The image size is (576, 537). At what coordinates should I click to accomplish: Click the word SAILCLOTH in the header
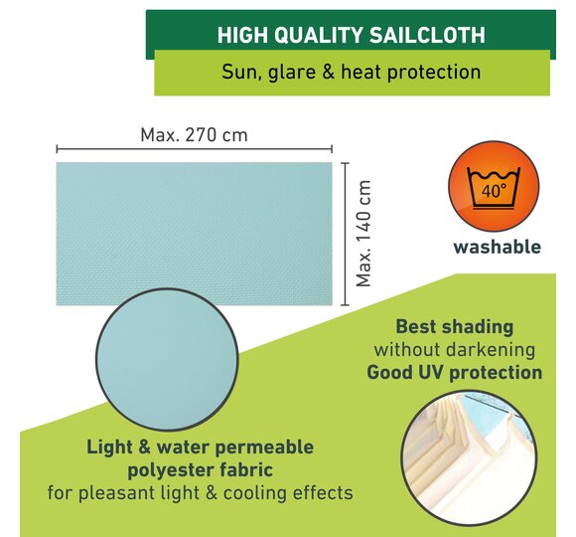pyautogui.click(x=427, y=36)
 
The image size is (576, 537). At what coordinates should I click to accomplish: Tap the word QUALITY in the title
pyautogui.click(x=319, y=36)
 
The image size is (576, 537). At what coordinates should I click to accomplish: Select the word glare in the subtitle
pyautogui.click(x=292, y=73)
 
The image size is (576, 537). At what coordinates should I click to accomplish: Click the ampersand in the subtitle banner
pyautogui.click(x=328, y=72)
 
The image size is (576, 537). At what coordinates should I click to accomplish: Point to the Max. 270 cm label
pyautogui.click(x=194, y=135)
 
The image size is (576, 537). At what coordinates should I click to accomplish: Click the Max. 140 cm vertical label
pyautogui.click(x=363, y=234)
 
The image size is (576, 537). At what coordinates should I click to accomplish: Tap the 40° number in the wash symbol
pyautogui.click(x=494, y=191)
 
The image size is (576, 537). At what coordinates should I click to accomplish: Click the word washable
pyautogui.click(x=497, y=247)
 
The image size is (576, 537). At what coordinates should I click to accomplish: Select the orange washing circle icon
pyautogui.click(x=494, y=187)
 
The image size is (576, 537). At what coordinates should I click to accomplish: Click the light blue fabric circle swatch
pyautogui.click(x=167, y=359)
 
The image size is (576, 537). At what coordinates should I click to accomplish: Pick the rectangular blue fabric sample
pyautogui.click(x=194, y=234)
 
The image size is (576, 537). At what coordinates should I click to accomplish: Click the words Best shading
pyautogui.click(x=455, y=326)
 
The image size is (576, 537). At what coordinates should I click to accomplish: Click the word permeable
pyautogui.click(x=264, y=447)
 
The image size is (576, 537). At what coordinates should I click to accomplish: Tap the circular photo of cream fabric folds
pyautogui.click(x=469, y=457)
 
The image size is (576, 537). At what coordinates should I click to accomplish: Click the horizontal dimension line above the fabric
pyautogui.click(x=194, y=149)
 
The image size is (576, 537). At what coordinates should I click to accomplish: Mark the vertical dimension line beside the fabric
pyautogui.click(x=345, y=234)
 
